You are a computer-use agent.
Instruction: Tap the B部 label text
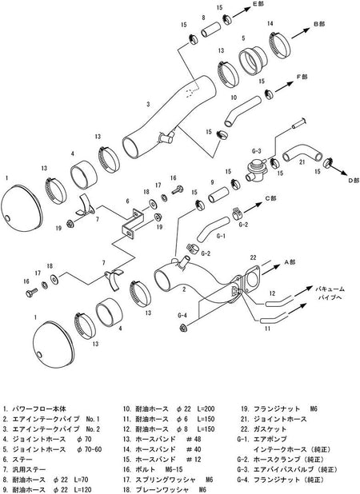pyautogui.click(x=319, y=25)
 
